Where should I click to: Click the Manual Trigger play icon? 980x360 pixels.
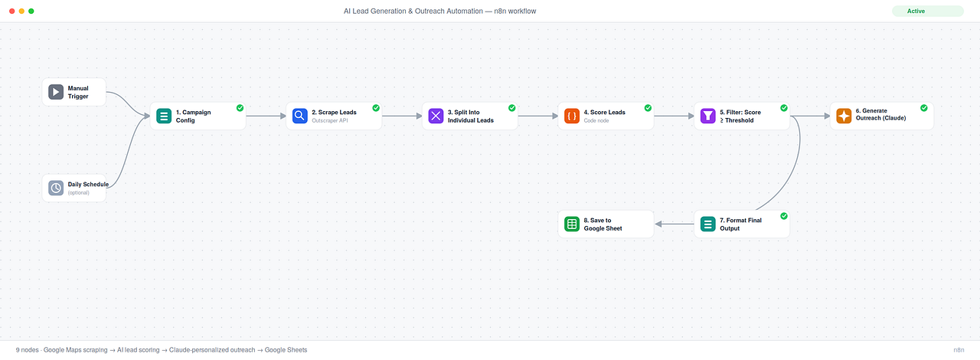56,92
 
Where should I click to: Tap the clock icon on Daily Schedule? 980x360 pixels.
56,188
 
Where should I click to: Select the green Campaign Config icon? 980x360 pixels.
164,116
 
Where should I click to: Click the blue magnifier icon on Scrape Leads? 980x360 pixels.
299,116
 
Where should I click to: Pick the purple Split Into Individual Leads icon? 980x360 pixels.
436,116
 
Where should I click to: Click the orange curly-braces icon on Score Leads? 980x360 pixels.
572,116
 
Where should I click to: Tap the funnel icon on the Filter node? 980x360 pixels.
708,116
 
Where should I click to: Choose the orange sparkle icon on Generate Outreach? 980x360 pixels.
844,116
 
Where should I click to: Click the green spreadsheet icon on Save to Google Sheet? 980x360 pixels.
572,224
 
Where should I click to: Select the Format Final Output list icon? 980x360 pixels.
708,224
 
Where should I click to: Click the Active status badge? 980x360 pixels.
927,11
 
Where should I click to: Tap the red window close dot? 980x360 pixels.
11,11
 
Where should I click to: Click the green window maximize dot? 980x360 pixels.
31,11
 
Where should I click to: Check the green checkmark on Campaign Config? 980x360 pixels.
240,108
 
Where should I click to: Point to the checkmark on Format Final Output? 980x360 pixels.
784,216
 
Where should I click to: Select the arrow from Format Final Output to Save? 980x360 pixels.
675,224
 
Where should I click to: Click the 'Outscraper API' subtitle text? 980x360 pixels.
330,120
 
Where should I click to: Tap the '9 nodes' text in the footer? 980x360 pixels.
27,350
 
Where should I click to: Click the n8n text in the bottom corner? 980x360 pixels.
959,350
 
